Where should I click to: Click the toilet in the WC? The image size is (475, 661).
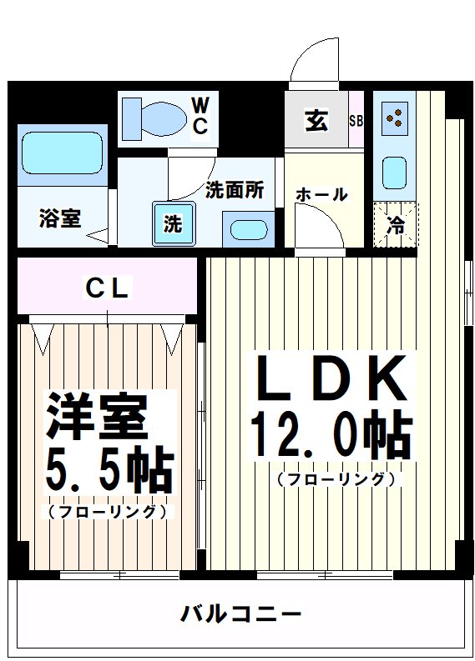154,117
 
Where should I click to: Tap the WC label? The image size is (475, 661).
201,115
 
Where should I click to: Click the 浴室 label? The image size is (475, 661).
59,218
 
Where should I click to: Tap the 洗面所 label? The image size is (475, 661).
235,189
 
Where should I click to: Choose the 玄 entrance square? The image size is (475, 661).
316,122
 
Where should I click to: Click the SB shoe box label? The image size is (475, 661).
356,121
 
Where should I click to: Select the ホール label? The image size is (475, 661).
321,195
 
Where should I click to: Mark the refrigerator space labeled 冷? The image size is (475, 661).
395,224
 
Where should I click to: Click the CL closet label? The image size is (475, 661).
108,289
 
